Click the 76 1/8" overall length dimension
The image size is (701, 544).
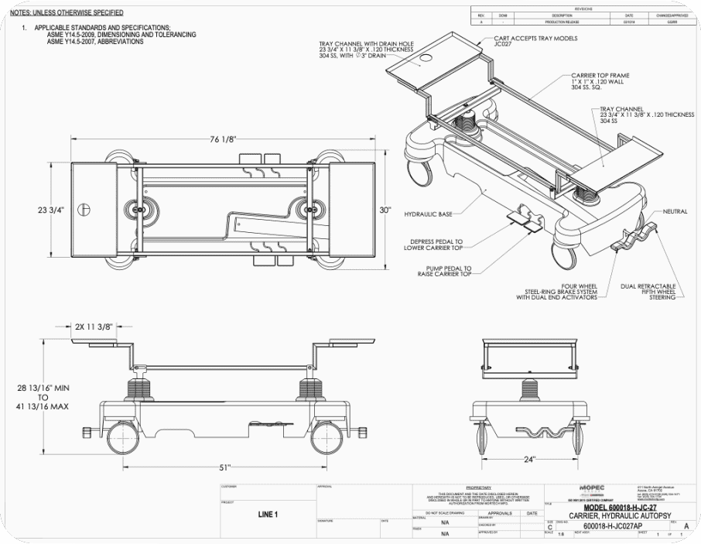[223, 139]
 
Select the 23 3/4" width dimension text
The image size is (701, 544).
[50, 210]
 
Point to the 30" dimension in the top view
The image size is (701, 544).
[385, 210]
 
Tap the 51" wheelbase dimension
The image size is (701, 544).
[225, 467]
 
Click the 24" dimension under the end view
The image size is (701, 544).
[528, 458]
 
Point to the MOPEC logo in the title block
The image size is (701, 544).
[592, 487]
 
